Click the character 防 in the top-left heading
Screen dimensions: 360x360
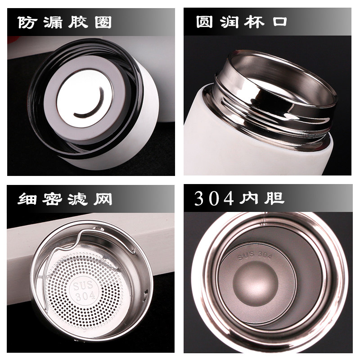[x=27, y=22]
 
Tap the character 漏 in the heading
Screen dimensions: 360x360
[x=53, y=22]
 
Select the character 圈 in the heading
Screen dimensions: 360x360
[x=103, y=22]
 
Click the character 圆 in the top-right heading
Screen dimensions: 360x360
[x=204, y=22]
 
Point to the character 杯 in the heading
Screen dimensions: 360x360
[x=254, y=22]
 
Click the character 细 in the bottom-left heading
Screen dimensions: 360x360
[x=27, y=199]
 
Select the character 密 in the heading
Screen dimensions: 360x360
[x=52, y=199]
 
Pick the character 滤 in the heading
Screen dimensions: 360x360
[x=77, y=199]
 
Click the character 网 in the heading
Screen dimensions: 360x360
[x=103, y=199]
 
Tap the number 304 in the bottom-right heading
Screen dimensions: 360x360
[x=214, y=198]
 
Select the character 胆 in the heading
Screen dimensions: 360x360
[x=274, y=198]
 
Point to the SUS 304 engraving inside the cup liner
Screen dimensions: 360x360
[x=255, y=256]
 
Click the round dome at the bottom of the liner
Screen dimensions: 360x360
[x=255, y=283]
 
